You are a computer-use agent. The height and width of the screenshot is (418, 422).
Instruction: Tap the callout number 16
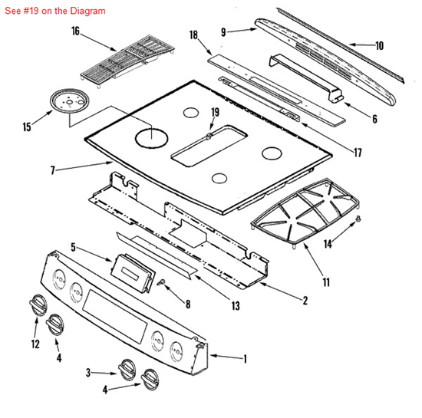(x=75, y=31)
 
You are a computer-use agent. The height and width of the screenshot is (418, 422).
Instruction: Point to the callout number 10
(x=379, y=45)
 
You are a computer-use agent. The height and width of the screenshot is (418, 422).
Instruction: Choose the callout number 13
(x=235, y=305)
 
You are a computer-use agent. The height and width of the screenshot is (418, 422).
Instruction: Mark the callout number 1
(x=245, y=358)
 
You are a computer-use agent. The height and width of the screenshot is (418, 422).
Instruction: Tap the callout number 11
(x=326, y=282)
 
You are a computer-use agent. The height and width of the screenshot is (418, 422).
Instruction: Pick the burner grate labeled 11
(x=307, y=214)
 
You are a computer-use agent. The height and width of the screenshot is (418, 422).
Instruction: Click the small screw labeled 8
(x=163, y=283)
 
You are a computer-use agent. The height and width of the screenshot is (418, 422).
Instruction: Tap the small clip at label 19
(x=209, y=135)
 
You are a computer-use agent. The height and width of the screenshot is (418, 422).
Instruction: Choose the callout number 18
(x=193, y=35)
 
